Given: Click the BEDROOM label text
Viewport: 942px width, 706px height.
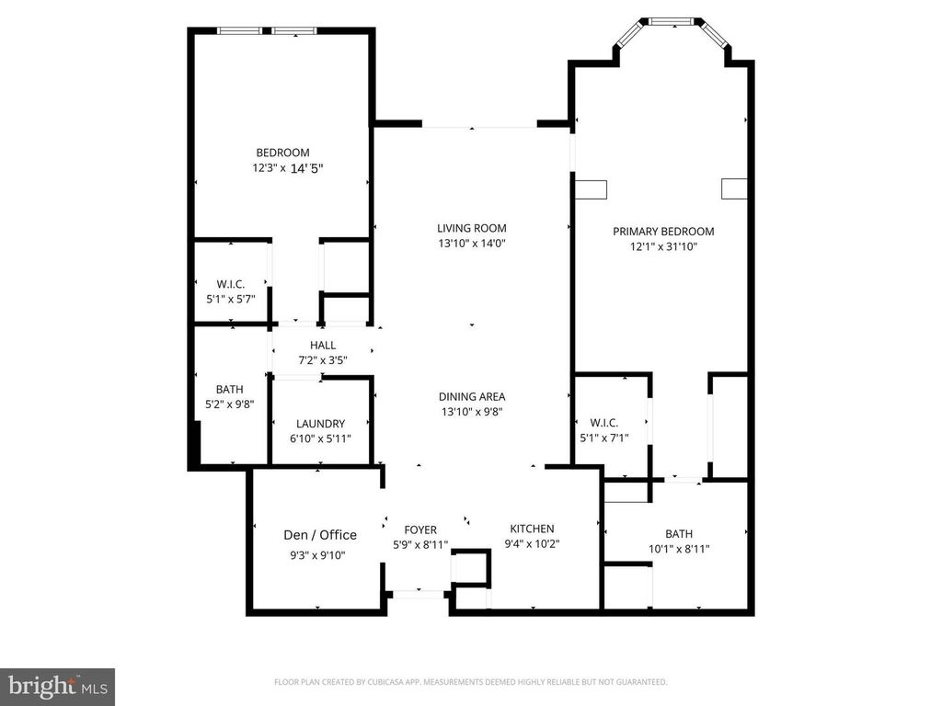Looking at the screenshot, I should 282,153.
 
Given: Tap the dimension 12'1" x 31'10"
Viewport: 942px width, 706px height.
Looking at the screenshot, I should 663,246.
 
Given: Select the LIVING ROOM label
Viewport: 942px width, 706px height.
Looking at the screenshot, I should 471,228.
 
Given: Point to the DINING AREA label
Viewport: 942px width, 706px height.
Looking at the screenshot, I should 471,397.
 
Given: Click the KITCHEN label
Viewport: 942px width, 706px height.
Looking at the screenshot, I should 532,529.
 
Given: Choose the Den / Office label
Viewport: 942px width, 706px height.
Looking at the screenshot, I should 319,535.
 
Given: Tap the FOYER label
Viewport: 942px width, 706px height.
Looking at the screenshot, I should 420,529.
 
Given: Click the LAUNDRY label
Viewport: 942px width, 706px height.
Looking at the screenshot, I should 320,424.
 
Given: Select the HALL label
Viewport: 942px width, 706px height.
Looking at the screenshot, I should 322,346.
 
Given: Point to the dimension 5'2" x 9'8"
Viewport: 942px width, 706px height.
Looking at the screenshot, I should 229,404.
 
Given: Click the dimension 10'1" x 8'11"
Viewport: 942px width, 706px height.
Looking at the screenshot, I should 679,549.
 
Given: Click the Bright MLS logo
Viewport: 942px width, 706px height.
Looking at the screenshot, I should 57,686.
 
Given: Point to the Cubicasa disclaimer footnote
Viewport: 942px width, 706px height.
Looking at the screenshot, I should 470,682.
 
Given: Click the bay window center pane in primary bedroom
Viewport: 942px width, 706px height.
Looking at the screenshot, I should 675,20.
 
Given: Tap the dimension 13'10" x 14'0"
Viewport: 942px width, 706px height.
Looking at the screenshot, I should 471,244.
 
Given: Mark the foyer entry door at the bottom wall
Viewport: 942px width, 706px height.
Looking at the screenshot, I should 418,594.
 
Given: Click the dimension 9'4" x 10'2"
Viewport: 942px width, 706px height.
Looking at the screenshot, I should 532,543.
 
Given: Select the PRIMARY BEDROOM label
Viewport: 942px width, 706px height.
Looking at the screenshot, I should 663,232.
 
